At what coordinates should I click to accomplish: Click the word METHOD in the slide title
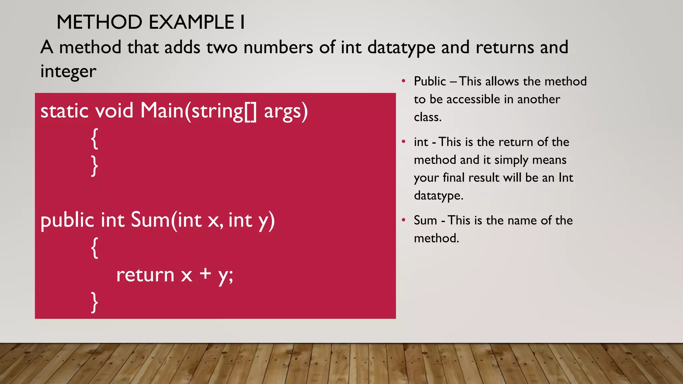[99, 22]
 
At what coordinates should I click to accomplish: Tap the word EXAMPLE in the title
[191, 22]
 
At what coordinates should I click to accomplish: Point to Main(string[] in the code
[199, 111]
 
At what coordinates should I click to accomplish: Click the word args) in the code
[286, 111]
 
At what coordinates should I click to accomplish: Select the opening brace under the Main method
[95, 139]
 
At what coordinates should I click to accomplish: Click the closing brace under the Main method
[95, 166]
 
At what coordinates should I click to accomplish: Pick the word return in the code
[145, 275]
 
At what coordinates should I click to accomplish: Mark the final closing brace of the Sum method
[95, 302]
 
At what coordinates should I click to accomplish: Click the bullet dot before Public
[404, 81]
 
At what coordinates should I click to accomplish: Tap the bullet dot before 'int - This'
[404, 142]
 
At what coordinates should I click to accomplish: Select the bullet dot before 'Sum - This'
[404, 220]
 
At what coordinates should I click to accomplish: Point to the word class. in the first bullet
[428, 117]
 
